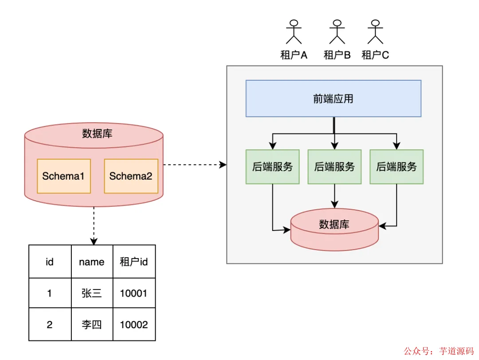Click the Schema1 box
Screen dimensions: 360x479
tap(64, 176)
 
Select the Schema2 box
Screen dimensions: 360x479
tap(131, 176)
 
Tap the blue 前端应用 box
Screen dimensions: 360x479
tap(333, 98)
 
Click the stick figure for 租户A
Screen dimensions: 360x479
tap(294, 32)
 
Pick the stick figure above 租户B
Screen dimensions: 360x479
tap(337, 32)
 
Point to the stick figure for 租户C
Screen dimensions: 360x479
tap(375, 32)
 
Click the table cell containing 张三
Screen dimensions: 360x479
tap(92, 293)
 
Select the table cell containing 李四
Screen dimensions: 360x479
tap(92, 325)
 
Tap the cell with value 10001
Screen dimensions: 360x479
tap(134, 293)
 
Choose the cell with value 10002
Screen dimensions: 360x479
tap(134, 325)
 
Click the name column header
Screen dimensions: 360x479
tap(92, 262)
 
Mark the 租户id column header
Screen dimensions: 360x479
tap(134, 262)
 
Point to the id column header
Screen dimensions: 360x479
tap(50, 262)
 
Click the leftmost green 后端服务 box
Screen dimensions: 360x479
tap(272, 167)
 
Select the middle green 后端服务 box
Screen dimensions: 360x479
tap(334, 167)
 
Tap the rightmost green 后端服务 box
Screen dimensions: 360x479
tap(397, 167)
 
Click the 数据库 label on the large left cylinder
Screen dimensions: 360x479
tap(97, 133)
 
